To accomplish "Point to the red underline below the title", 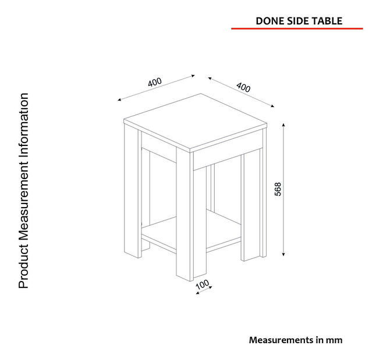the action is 297,28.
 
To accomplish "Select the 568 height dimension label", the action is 278,189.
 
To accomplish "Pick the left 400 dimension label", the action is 155,82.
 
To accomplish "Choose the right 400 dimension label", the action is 243,87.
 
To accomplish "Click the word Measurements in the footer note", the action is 281,340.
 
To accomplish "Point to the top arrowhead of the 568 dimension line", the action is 283,124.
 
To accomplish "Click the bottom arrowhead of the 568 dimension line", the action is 283,254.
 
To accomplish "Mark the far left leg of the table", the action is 133,190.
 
